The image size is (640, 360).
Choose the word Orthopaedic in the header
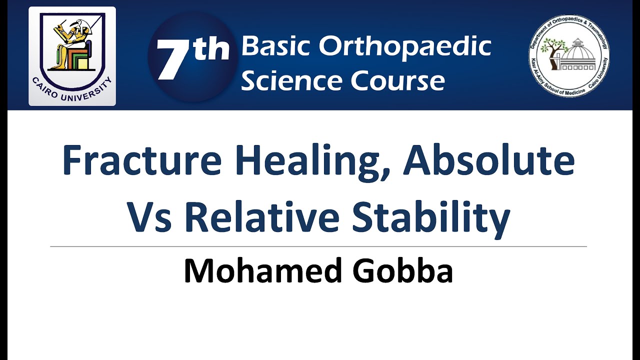[405, 46]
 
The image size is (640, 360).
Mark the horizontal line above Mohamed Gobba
[318, 246]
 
